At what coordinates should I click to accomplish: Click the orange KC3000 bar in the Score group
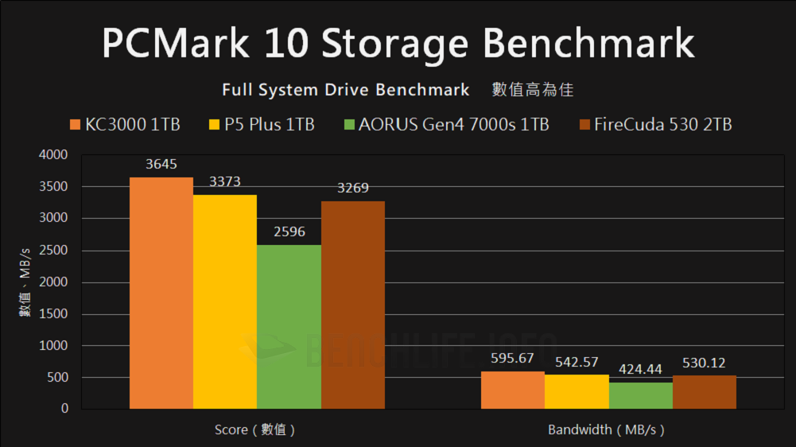click(161, 293)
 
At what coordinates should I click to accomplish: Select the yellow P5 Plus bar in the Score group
click(225, 301)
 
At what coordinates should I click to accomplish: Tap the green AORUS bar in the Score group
click(289, 326)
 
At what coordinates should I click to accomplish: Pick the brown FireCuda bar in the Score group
click(353, 305)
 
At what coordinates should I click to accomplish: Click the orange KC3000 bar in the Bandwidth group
click(513, 390)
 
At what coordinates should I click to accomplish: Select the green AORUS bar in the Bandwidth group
click(640, 395)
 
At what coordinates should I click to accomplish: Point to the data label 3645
click(161, 165)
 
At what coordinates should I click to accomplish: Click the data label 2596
click(289, 232)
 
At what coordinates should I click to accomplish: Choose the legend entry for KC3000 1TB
click(125, 125)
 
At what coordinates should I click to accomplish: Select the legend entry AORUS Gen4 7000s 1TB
click(445, 125)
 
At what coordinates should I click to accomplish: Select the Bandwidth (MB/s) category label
click(607, 430)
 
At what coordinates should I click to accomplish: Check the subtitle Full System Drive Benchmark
click(346, 89)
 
